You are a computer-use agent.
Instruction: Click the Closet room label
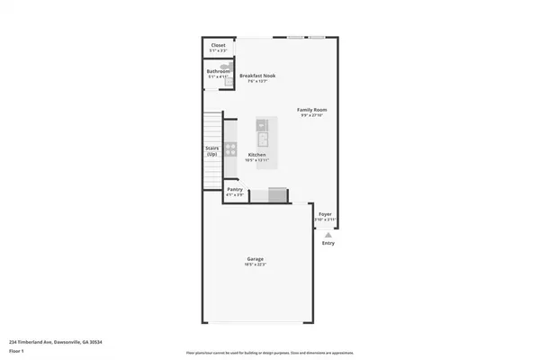click(218, 44)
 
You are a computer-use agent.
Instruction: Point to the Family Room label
click(312, 110)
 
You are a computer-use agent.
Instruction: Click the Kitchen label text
click(257, 154)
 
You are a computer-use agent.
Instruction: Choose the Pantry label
click(235, 190)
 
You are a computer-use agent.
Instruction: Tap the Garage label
click(256, 259)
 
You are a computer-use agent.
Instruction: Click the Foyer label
click(326, 214)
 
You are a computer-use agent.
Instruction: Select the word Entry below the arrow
click(328, 243)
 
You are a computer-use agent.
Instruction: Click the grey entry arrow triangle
click(328, 233)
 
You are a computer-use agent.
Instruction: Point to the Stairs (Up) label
click(211, 152)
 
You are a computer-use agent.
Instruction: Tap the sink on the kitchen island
click(263, 139)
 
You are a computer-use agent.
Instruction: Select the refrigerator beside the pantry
click(277, 194)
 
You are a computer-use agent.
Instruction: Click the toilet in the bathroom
click(226, 77)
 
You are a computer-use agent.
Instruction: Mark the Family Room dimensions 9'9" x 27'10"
click(312, 116)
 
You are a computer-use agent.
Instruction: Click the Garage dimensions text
click(256, 265)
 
